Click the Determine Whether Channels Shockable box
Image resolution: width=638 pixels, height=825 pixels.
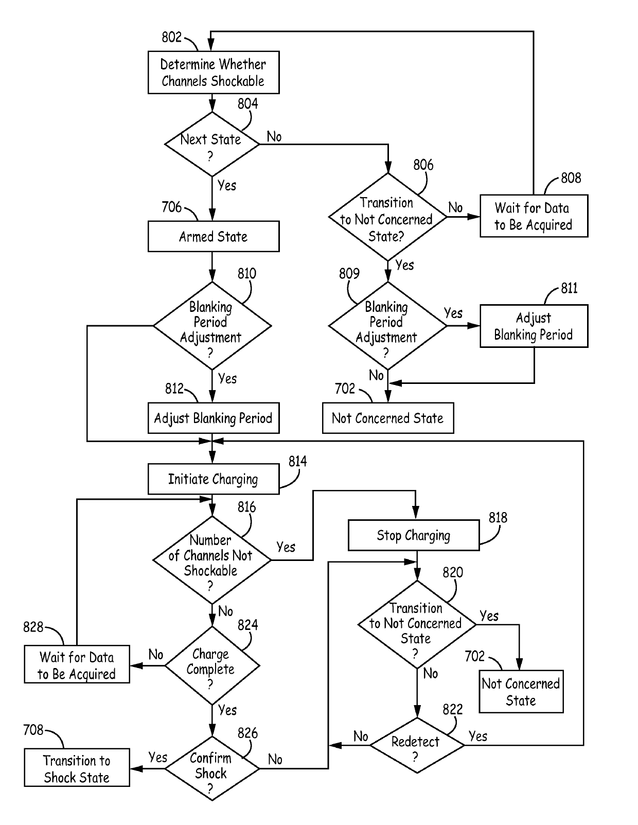[x=214, y=72]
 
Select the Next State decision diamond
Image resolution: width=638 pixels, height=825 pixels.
[x=212, y=144]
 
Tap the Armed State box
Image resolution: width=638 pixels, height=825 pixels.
[x=214, y=236]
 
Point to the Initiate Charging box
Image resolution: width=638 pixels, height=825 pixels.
[x=214, y=479]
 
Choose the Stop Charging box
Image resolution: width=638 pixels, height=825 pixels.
[x=414, y=535]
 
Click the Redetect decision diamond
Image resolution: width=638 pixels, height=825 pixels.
[x=417, y=745]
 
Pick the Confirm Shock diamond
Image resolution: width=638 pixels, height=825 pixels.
[x=212, y=769]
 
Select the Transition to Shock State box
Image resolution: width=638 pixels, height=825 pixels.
[x=77, y=768]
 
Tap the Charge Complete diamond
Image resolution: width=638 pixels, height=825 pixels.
[x=212, y=665]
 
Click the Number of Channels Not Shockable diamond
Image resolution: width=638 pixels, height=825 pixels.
[x=212, y=560]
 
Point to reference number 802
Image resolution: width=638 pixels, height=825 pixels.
[x=171, y=37]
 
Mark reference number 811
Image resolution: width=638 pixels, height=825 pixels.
[x=569, y=288]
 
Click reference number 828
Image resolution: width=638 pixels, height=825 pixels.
[x=33, y=627]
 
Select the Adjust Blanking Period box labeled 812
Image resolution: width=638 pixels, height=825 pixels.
[x=214, y=418]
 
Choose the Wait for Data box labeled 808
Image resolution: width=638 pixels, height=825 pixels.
[x=534, y=216]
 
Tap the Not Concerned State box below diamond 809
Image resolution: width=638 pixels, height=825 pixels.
[x=388, y=418]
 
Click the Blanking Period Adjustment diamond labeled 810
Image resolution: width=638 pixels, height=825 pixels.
[x=212, y=326]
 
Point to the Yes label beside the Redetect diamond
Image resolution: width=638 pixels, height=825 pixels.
[x=478, y=736]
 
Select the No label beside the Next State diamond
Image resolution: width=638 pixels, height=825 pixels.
[x=274, y=137]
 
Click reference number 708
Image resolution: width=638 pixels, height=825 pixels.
[x=33, y=730]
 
